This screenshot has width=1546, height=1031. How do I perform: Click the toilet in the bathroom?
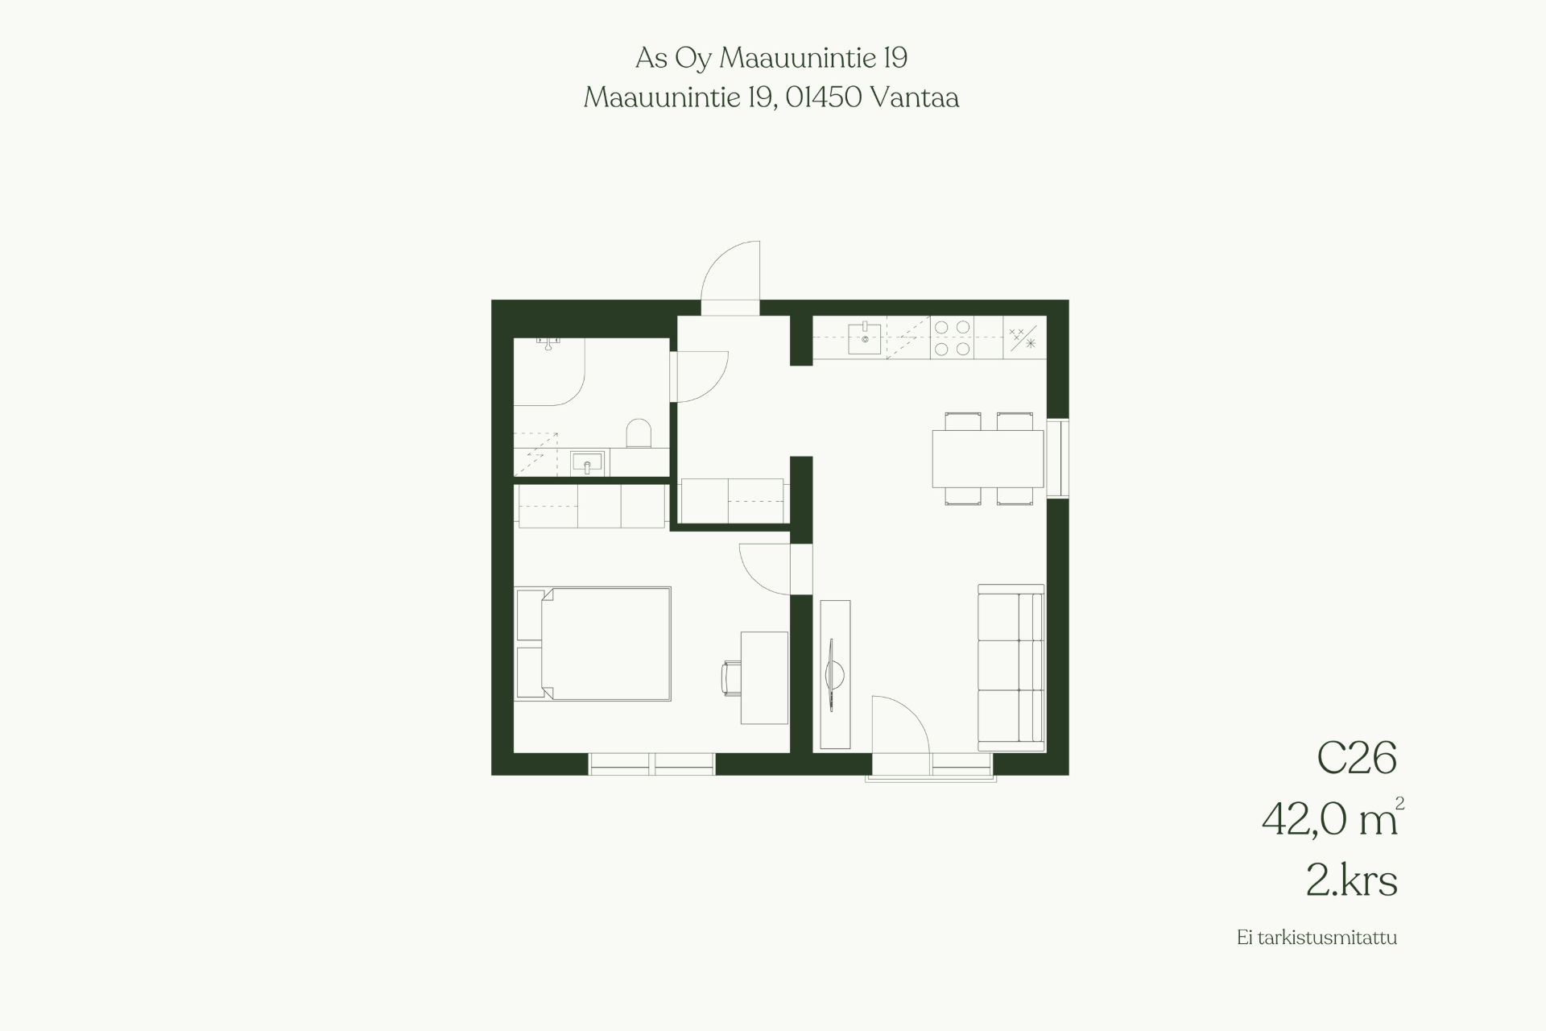[639, 433]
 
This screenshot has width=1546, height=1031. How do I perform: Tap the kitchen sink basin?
[865, 338]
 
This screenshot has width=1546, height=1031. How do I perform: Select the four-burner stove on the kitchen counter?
[952, 337]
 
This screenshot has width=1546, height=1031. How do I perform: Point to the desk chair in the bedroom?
[732, 677]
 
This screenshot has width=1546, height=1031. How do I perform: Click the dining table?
[987, 458]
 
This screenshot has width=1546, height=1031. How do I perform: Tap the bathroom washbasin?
[587, 463]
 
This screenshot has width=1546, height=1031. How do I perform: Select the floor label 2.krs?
[1352, 881]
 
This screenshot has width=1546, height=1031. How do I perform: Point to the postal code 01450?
[825, 97]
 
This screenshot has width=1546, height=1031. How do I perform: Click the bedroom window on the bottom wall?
[652, 764]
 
